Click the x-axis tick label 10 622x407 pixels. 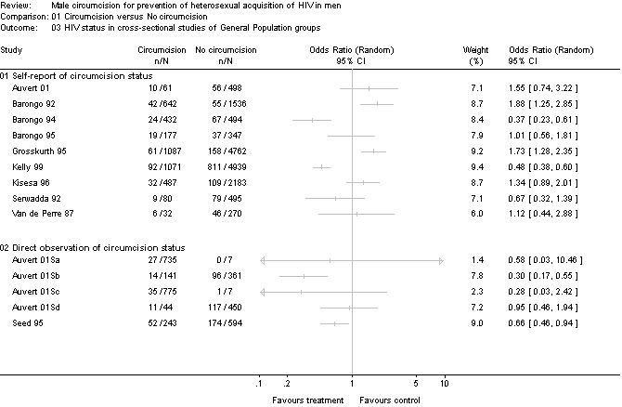445,382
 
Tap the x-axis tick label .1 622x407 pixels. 259,382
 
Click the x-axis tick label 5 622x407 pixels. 417,382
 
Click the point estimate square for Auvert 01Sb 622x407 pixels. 304,277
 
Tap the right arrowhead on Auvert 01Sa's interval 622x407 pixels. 441,261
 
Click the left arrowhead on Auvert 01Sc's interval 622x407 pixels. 264,293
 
